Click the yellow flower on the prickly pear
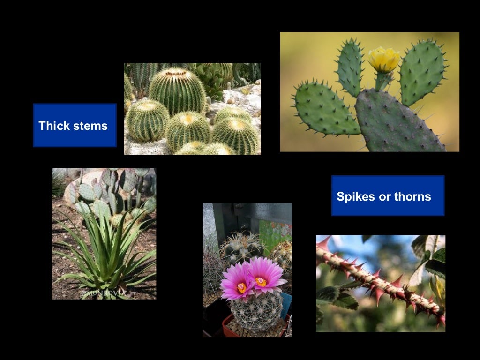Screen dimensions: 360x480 [x=384, y=60]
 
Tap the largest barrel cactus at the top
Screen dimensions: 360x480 [x=177, y=90]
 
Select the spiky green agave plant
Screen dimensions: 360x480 [x=106, y=253]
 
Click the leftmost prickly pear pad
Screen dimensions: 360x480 [x=324, y=109]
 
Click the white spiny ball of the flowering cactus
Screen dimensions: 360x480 [x=256, y=311]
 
